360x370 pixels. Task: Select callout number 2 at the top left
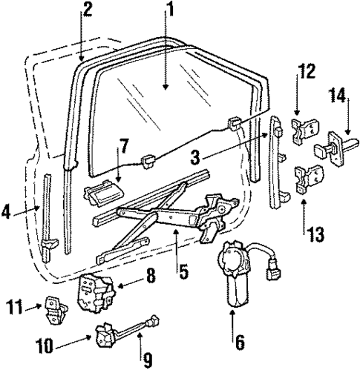pos(88,10)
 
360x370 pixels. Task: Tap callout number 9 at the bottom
pos(148,361)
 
